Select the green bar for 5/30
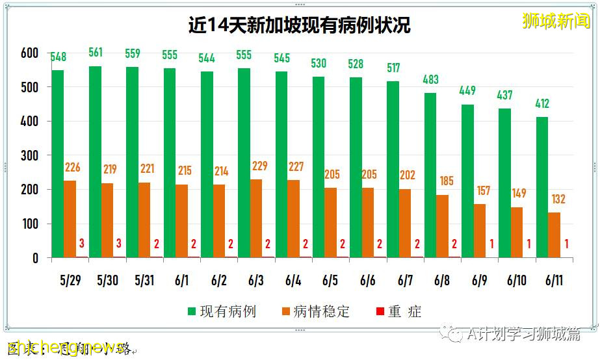click(x=95, y=162)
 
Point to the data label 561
click(x=96, y=53)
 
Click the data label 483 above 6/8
click(x=430, y=79)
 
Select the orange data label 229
click(x=259, y=166)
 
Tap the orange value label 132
click(x=557, y=199)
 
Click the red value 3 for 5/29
click(x=82, y=244)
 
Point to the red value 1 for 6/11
click(x=567, y=244)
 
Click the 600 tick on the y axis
click(x=30, y=53)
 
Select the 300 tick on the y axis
click(x=30, y=156)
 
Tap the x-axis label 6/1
click(x=181, y=281)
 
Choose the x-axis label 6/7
click(x=405, y=281)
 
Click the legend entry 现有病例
click(x=221, y=311)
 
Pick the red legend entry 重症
click(x=397, y=311)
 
